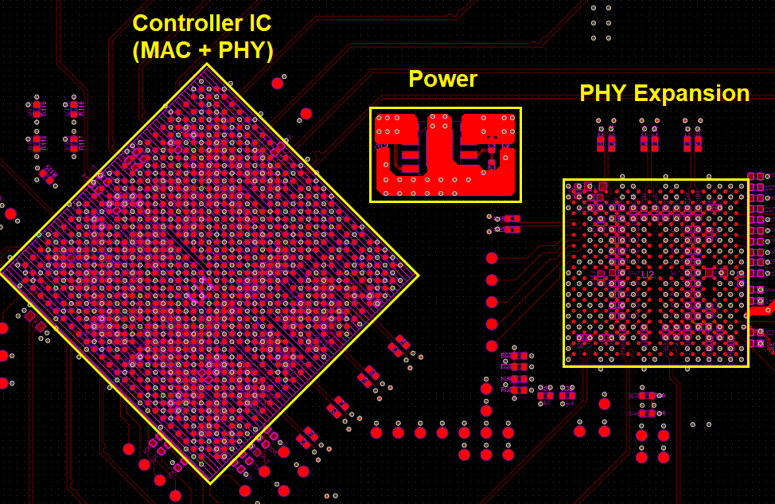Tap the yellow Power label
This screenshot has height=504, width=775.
tap(442, 79)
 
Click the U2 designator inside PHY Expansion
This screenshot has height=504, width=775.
tap(647, 274)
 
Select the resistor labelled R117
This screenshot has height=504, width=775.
tap(74, 143)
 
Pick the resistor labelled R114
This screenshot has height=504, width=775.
tap(37, 143)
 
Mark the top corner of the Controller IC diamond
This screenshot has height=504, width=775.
tap(207, 64)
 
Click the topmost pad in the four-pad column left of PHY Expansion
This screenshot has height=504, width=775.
tap(492, 258)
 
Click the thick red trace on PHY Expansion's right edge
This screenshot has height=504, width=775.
tap(760, 311)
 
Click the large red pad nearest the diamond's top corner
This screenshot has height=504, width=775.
tap(277, 83)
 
